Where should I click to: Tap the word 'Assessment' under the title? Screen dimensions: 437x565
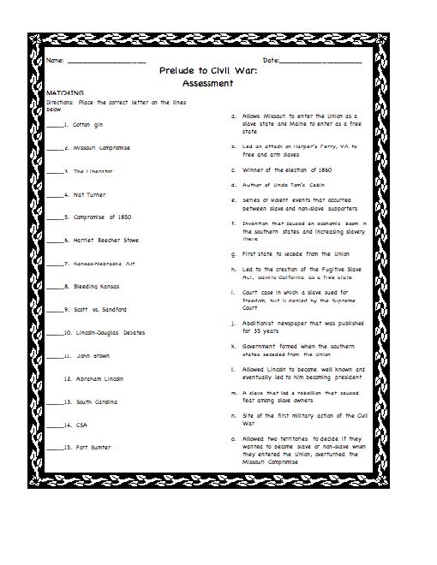pos(207,83)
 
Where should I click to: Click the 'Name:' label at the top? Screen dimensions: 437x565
pos(54,62)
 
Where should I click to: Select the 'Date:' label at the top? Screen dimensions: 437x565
pos(271,62)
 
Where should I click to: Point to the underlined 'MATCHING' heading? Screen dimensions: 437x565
pos(65,92)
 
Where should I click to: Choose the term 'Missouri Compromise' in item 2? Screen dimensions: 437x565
pos(102,148)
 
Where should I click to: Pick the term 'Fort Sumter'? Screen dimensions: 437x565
pos(93,447)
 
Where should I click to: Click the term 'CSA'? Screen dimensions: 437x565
pos(82,424)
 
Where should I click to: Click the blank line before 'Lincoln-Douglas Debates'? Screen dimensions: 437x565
pos(54,333)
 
